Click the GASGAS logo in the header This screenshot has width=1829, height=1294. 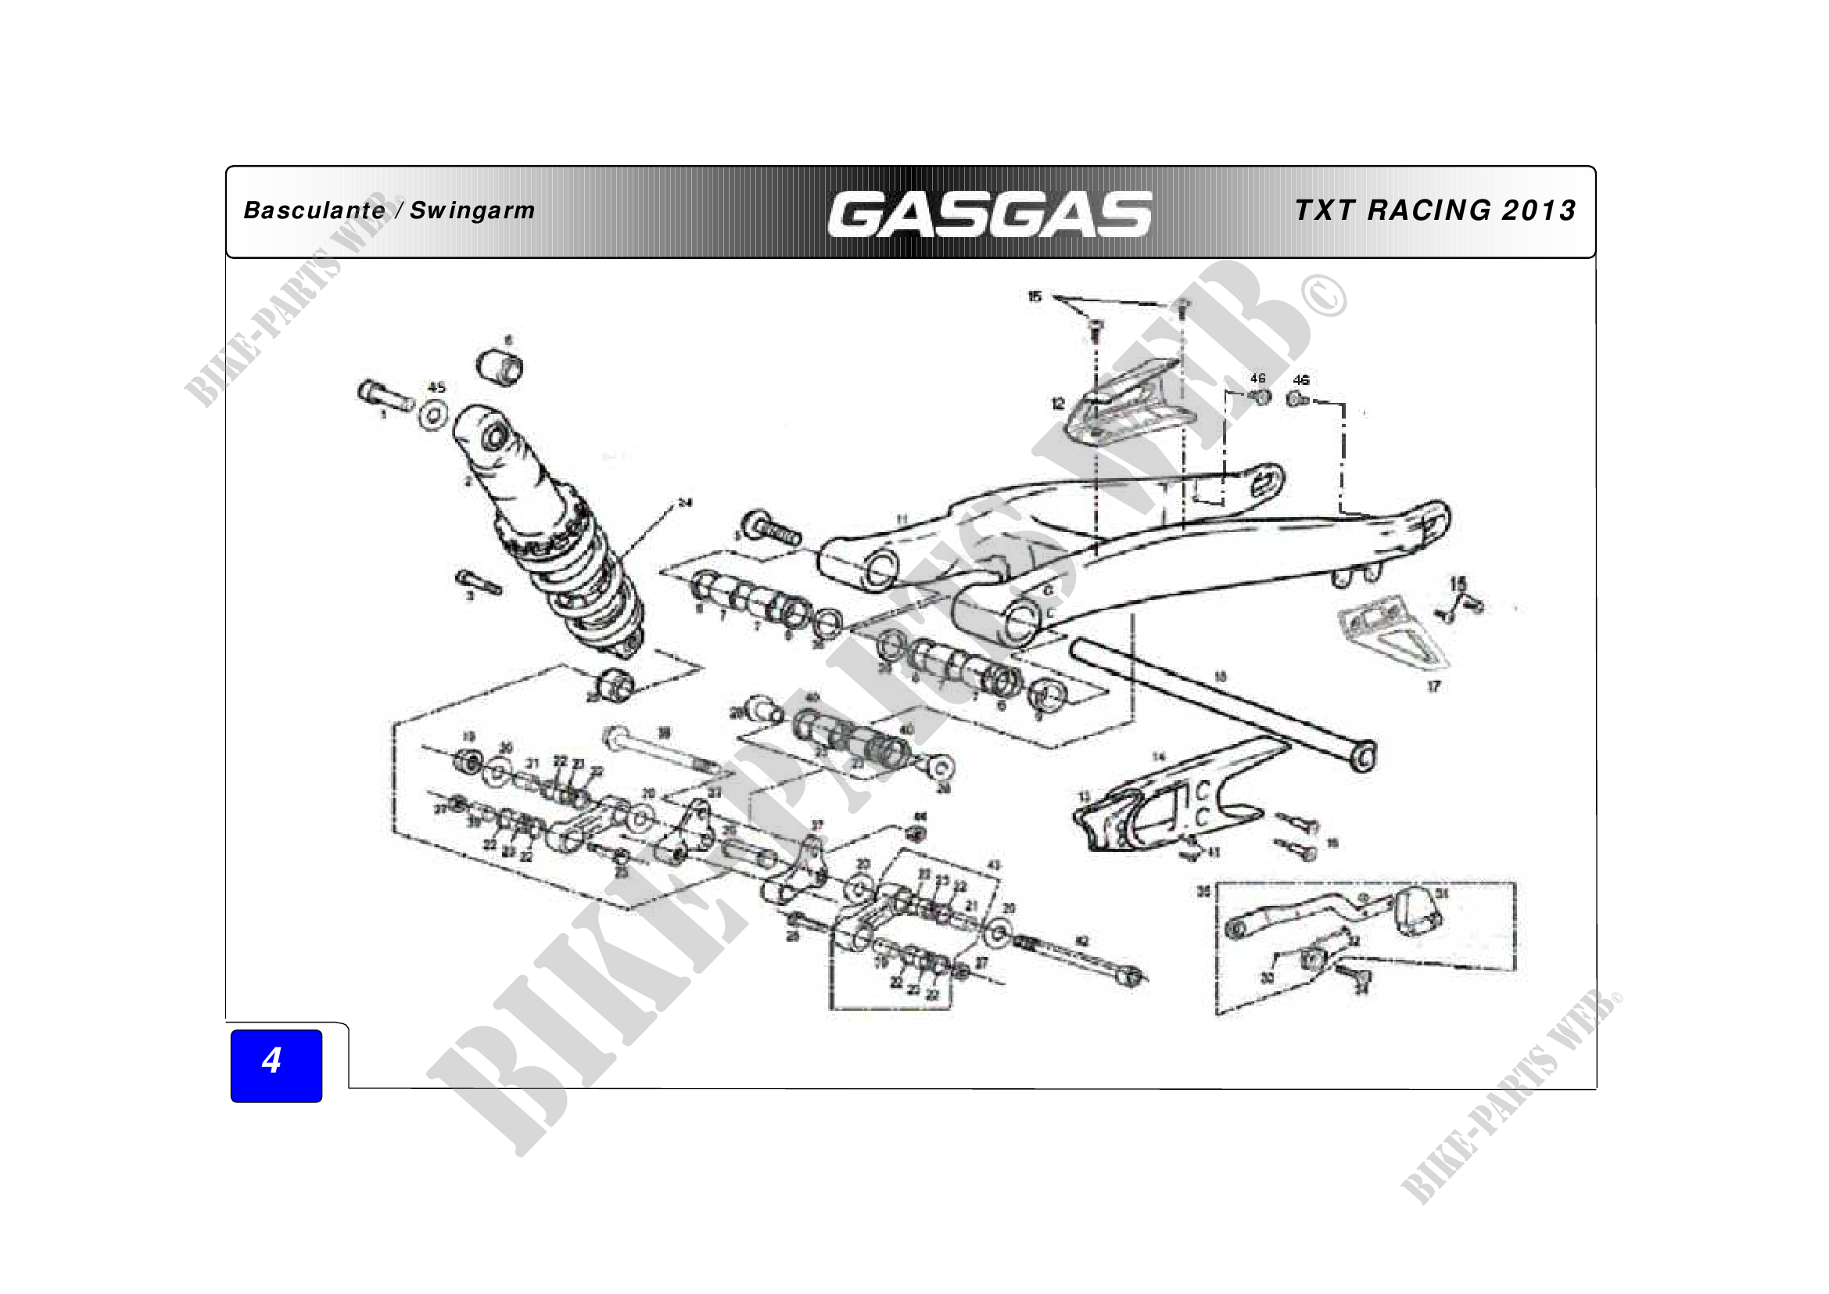point(989,214)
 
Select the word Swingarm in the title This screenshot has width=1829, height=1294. point(472,211)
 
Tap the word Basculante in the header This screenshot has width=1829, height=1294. point(314,210)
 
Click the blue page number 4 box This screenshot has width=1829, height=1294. point(275,1066)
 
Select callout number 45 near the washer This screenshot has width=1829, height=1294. point(436,388)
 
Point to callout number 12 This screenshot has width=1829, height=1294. point(1057,404)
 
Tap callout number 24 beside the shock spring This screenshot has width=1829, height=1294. point(685,503)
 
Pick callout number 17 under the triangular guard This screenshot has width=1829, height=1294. point(1433,686)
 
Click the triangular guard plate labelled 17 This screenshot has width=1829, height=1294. point(1396,636)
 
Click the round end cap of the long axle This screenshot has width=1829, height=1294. point(1364,757)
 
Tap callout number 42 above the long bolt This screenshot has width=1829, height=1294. point(1081,941)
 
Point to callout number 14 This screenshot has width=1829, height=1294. point(1158,757)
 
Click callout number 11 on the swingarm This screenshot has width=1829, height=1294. point(902,519)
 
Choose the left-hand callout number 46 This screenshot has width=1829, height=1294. point(1258,379)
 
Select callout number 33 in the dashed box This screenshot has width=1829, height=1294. point(1267,978)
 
